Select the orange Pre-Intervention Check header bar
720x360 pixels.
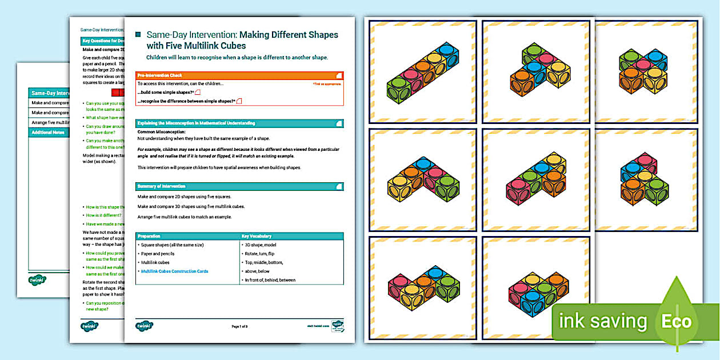tap(239, 75)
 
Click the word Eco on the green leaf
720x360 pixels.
tap(677, 321)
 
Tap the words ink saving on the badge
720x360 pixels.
tap(603, 321)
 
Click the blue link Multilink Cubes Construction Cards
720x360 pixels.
tap(174, 271)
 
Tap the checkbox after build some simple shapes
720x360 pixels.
tap(198, 93)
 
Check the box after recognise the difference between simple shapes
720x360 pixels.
tap(239, 101)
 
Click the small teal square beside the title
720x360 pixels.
tap(138, 35)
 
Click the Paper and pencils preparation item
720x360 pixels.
tap(158, 254)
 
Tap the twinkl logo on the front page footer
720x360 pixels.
tap(145, 326)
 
